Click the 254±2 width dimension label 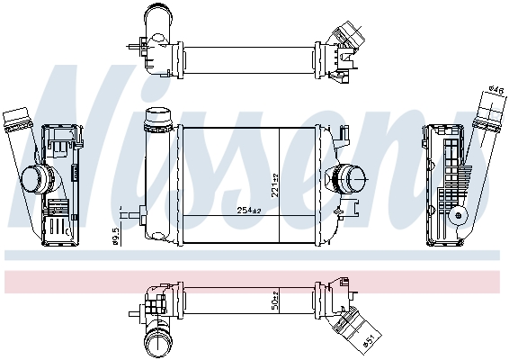[248, 210]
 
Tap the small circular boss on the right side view [460, 215]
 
